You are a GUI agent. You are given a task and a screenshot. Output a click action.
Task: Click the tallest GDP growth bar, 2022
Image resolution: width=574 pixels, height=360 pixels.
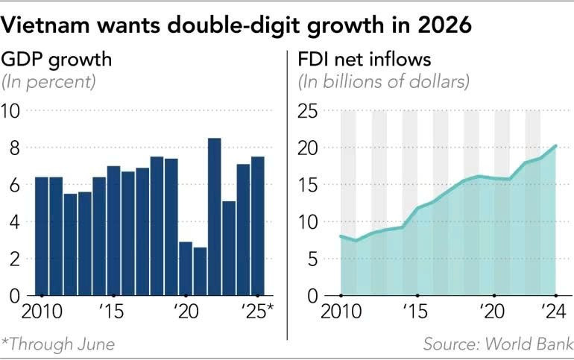[x=214, y=216]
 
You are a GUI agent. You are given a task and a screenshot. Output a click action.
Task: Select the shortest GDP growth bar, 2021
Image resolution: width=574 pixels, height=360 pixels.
[x=200, y=271]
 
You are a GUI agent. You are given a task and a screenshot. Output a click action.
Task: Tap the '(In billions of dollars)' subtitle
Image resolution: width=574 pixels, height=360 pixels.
[x=384, y=81]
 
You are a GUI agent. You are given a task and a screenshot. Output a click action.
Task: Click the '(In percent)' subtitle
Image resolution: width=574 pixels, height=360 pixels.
[x=50, y=81]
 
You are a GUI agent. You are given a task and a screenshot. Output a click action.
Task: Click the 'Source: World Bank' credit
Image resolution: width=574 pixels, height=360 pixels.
[x=498, y=344]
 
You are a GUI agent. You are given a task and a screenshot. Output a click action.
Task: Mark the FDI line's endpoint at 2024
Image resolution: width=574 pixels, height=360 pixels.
[x=556, y=146]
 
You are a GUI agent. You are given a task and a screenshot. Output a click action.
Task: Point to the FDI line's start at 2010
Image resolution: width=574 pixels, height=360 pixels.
[x=341, y=236]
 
